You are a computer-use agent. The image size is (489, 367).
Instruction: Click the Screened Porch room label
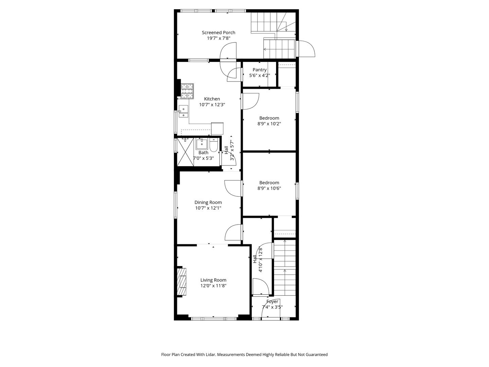[218, 33]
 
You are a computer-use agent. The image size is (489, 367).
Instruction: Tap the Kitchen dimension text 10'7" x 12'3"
[212, 105]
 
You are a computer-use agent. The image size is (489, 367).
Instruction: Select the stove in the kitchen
[187, 91]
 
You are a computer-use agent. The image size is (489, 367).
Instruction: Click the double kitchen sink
[183, 111]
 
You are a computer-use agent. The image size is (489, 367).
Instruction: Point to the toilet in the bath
[214, 145]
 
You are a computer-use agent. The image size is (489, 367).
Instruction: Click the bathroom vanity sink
[202, 143]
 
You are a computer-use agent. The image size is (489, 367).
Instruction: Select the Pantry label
[259, 70]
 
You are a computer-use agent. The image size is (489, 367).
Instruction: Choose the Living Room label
[213, 280]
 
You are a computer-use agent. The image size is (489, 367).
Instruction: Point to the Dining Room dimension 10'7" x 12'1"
[208, 208]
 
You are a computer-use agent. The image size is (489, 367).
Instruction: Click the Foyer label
[272, 301]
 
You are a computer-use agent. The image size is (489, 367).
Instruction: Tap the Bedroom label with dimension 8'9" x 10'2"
[269, 118]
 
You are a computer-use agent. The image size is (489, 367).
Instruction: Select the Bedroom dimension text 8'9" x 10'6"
[269, 188]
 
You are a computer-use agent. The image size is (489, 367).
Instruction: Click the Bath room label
[203, 153]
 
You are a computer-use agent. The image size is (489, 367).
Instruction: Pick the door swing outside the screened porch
[307, 49]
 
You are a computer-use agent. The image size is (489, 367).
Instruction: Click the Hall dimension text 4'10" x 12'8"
[261, 259]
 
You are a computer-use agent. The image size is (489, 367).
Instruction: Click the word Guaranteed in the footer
[317, 354]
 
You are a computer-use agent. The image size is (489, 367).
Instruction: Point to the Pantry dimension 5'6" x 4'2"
[259, 75]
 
